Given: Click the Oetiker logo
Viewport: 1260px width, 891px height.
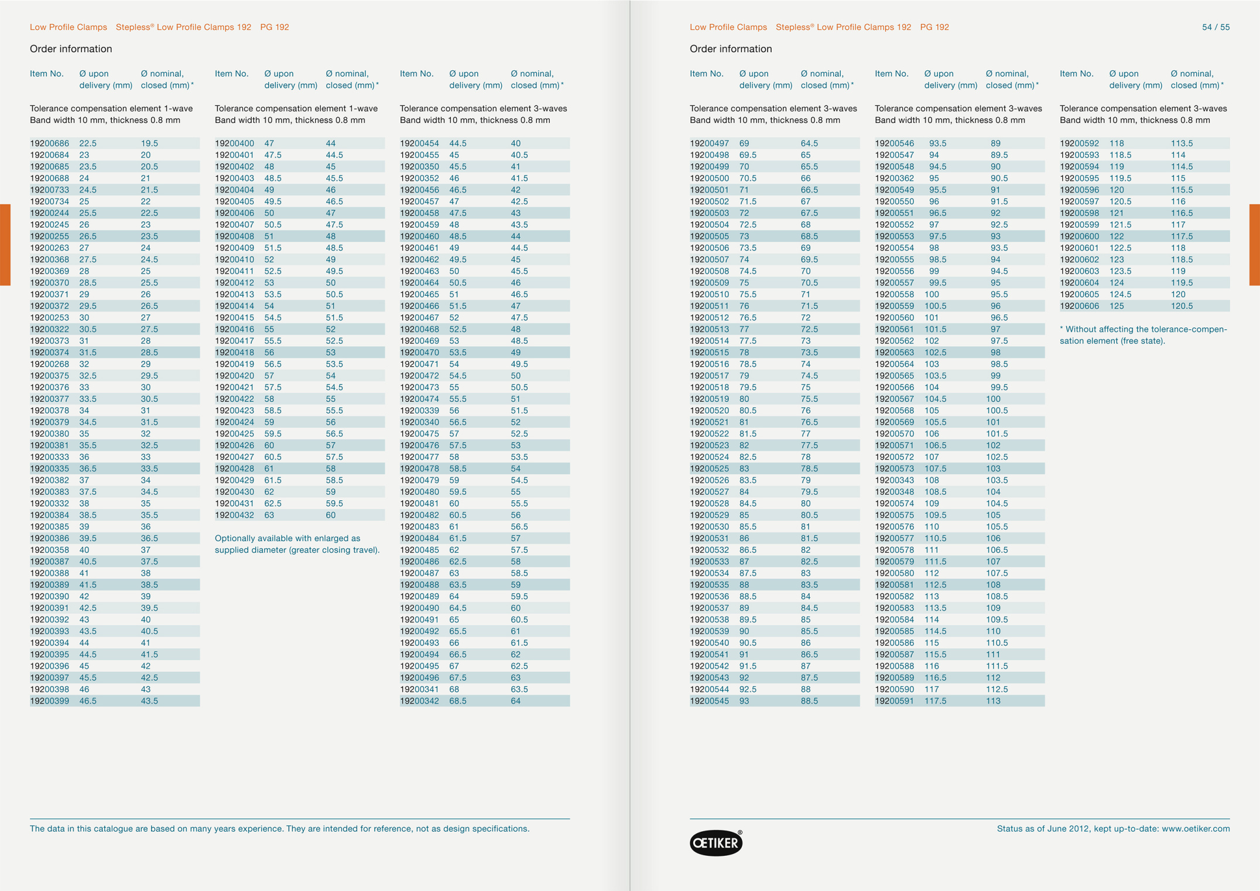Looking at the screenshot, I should click(x=715, y=843).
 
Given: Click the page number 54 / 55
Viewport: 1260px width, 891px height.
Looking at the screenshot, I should click(x=1216, y=27).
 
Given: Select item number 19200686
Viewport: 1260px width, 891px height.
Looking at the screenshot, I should click(x=49, y=144).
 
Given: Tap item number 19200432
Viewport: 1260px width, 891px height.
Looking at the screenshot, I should click(x=234, y=516).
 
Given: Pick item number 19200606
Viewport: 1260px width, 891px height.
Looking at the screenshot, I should click(x=1079, y=306).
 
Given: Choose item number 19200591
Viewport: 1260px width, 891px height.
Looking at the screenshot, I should click(x=894, y=701).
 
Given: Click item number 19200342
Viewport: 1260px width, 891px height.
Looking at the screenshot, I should click(x=419, y=701).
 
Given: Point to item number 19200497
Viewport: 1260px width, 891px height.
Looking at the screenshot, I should click(x=709, y=144).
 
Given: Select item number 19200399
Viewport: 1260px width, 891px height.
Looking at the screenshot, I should click(x=49, y=701).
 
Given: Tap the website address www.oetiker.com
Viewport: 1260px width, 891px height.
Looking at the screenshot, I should click(x=1195, y=829).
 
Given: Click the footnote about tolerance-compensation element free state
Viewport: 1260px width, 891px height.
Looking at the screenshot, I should click(x=1143, y=335).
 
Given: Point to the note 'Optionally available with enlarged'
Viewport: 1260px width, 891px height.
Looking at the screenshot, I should click(x=297, y=544).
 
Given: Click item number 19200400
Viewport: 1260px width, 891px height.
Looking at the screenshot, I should click(x=234, y=144).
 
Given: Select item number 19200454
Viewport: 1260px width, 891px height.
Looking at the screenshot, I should click(x=419, y=144).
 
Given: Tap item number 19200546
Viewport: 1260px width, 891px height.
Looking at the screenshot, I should click(x=894, y=144).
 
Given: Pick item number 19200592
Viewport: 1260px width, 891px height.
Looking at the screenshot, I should click(x=1079, y=144).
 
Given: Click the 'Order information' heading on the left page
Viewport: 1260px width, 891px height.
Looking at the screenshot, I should click(x=71, y=49).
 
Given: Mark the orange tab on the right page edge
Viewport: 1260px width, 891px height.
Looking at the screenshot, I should click(x=1255, y=245).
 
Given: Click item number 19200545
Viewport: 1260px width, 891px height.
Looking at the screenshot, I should click(x=709, y=701).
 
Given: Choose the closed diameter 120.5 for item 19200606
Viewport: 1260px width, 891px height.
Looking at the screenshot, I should click(x=1182, y=306).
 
